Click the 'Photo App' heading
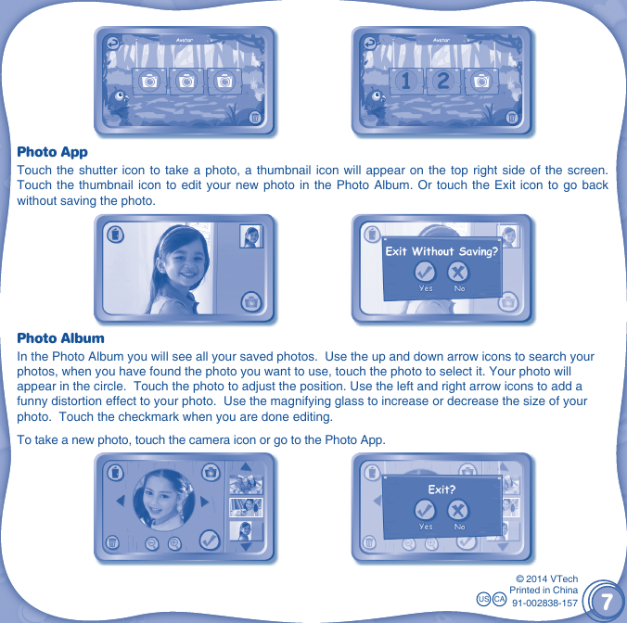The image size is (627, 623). [53, 151]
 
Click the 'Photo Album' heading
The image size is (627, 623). [60, 338]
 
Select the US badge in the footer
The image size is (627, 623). [483, 601]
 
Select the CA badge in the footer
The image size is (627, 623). [499, 601]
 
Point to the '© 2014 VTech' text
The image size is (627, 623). [546, 578]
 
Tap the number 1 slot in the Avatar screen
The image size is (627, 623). [405, 82]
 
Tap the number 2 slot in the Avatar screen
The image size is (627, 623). [442, 82]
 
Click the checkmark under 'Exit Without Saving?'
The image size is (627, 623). [425, 273]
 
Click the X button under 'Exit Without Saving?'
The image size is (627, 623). [458, 273]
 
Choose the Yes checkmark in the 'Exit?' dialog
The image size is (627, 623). [425, 511]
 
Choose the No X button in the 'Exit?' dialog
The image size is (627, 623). [458, 511]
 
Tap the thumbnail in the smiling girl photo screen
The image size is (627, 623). [251, 236]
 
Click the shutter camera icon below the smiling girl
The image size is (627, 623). [251, 301]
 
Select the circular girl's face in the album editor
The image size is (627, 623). [163, 498]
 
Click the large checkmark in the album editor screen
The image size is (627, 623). [210, 539]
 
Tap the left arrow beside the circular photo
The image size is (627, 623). [120, 502]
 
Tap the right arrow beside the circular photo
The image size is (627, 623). [205, 502]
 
